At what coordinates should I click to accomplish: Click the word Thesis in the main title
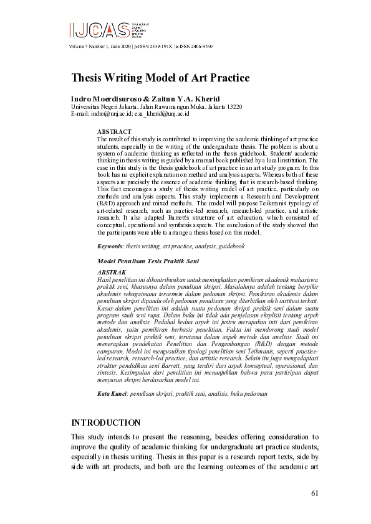[88, 78]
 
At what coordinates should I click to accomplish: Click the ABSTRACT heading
[113, 132]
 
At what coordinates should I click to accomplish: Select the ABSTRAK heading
[112, 273]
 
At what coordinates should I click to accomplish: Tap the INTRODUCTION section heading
[105, 422]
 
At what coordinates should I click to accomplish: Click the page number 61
[315, 494]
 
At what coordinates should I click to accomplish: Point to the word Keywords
[111, 246]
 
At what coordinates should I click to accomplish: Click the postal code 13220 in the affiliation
[234, 106]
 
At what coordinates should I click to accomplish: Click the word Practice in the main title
[228, 78]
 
